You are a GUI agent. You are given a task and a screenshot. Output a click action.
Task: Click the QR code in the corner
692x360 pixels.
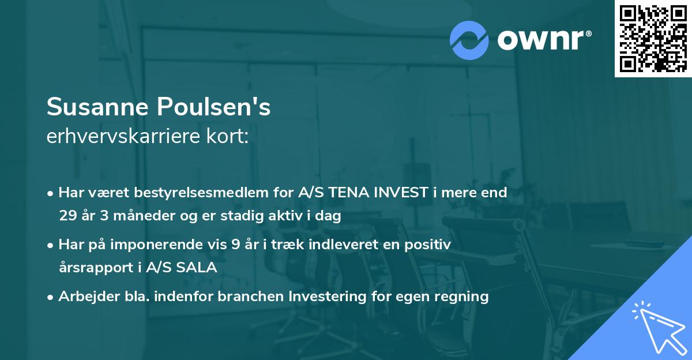(x=653, y=38)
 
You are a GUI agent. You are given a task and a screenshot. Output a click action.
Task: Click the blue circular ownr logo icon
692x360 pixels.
(x=469, y=40)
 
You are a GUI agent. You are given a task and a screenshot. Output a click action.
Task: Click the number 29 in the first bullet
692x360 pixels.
(x=67, y=216)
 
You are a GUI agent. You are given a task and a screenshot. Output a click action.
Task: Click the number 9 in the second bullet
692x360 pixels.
(x=235, y=245)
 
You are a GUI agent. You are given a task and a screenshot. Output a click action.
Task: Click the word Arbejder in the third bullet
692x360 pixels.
(x=84, y=297)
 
